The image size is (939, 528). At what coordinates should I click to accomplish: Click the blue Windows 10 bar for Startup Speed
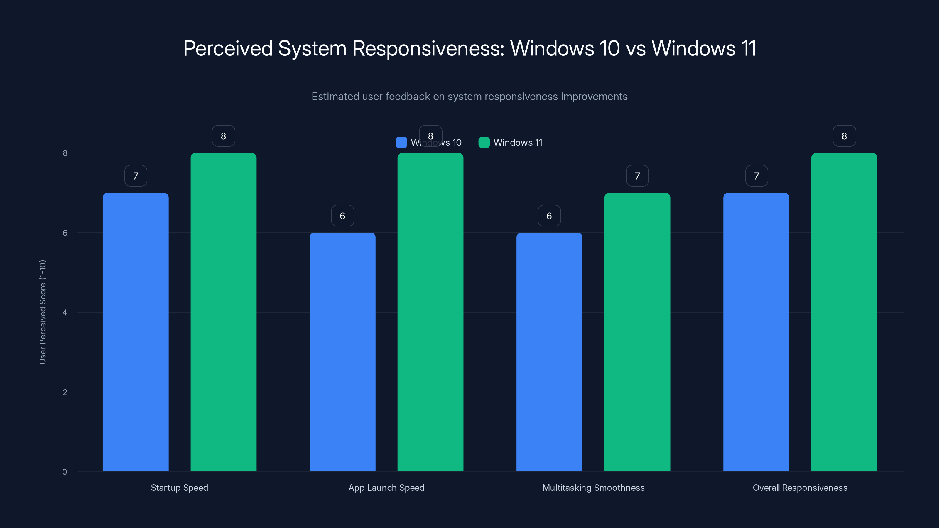click(135, 331)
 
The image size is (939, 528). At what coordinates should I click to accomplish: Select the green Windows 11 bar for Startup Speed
click(223, 312)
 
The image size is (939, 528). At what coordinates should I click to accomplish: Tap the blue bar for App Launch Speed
click(342, 352)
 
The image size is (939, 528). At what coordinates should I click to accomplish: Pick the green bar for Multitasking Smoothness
click(637, 331)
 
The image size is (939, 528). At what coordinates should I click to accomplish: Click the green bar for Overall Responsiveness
click(844, 312)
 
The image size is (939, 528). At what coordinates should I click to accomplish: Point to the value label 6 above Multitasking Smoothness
click(549, 216)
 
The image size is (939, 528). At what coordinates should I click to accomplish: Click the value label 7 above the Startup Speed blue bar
click(136, 176)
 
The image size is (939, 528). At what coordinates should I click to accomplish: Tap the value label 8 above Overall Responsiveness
click(844, 136)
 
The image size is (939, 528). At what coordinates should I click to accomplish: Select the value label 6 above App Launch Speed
click(342, 216)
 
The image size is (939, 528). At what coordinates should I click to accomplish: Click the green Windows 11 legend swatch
click(484, 143)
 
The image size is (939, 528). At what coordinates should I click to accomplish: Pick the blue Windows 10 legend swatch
click(401, 143)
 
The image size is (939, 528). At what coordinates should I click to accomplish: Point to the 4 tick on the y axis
click(65, 312)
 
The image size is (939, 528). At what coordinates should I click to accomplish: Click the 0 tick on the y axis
click(65, 472)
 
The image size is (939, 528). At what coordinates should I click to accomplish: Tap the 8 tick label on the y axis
click(65, 153)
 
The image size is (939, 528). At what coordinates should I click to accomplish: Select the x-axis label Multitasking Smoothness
click(593, 488)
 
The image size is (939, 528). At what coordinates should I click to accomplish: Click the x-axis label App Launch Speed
click(386, 488)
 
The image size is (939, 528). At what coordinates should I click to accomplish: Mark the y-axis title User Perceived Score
click(43, 312)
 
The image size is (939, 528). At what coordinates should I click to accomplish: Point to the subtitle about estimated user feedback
click(469, 97)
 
